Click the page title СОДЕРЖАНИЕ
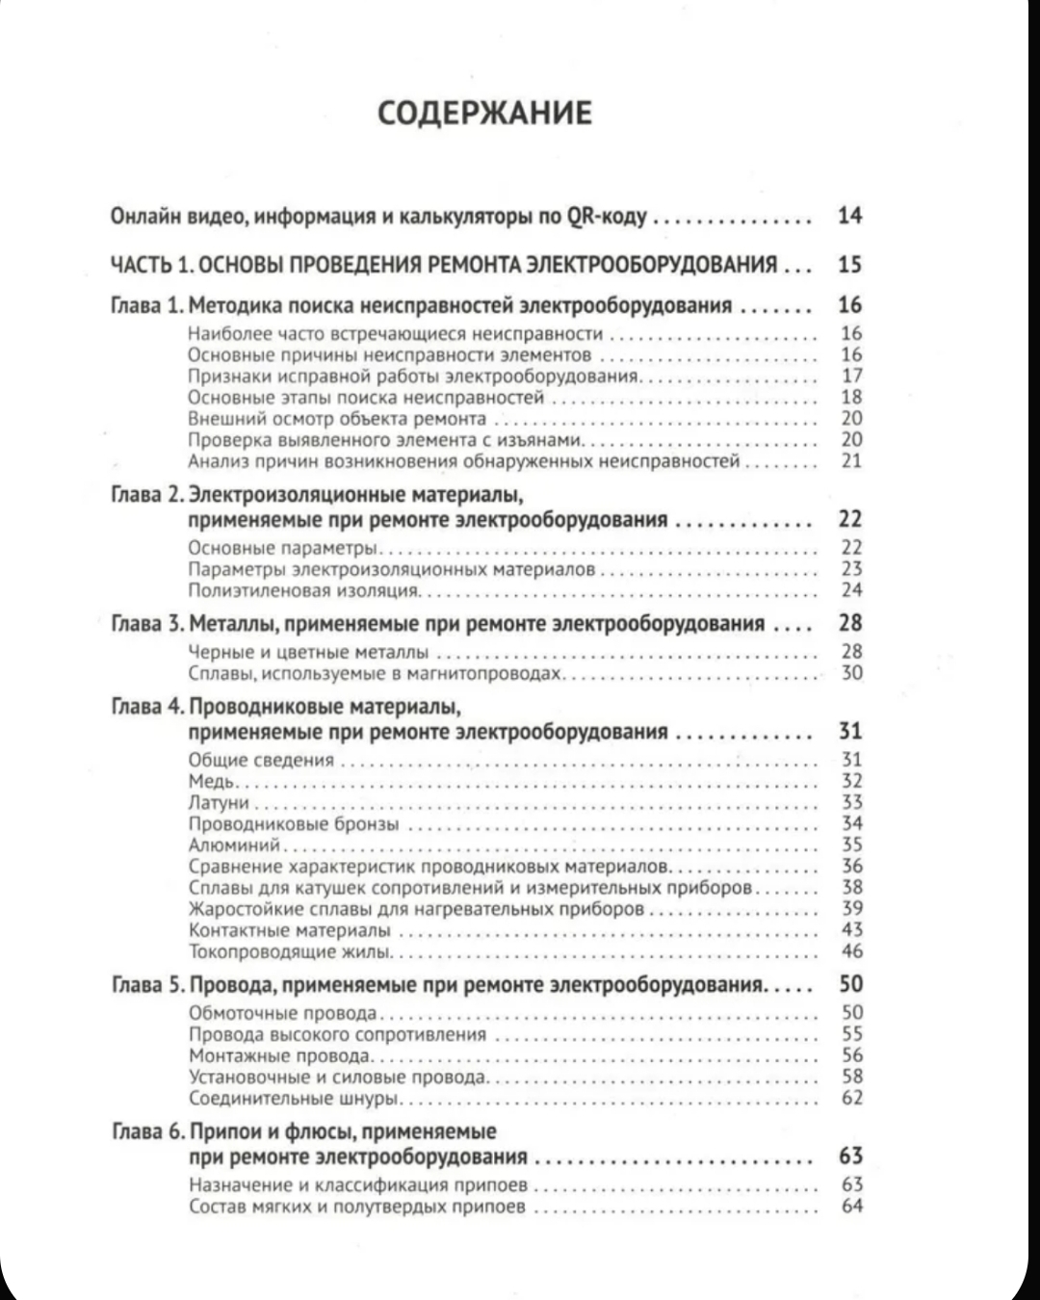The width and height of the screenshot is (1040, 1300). [x=483, y=113]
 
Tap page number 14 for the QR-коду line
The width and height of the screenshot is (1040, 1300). [x=849, y=216]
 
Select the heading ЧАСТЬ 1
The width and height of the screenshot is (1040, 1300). [x=148, y=265]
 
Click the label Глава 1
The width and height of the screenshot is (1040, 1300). [x=146, y=306]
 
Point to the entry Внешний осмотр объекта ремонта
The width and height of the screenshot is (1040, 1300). [x=337, y=419]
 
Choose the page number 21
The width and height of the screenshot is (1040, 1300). [x=851, y=460]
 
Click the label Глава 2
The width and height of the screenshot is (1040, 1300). [x=146, y=495]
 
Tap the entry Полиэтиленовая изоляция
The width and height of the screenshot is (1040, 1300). [x=302, y=590]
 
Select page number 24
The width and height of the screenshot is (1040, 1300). [x=851, y=590]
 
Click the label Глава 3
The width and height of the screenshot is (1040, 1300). [x=146, y=624]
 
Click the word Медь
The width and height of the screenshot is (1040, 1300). [x=211, y=782]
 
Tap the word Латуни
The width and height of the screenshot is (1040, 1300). [x=219, y=803]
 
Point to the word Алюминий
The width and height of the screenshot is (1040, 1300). [x=234, y=845]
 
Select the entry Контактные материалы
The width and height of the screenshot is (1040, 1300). [x=290, y=930]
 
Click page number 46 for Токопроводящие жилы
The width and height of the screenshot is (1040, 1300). [x=851, y=951]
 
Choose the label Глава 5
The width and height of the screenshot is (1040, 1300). [x=146, y=985]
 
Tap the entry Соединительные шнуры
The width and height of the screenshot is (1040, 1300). [x=294, y=1099]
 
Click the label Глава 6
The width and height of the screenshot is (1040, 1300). [x=146, y=1131]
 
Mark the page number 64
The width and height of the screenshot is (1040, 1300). [x=851, y=1207]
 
